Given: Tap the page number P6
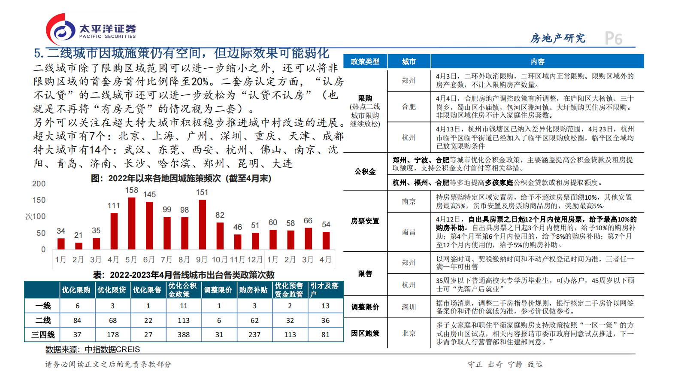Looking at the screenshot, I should click(x=614, y=39).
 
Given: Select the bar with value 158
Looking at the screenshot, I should click(x=132, y=223).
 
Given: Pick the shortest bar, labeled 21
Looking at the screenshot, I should click(x=79, y=246).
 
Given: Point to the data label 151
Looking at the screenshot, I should click(x=202, y=192).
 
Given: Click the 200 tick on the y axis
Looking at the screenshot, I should click(x=39, y=184).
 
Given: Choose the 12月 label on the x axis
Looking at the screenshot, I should click(x=255, y=260).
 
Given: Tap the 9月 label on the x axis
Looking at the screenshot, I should click(x=202, y=260).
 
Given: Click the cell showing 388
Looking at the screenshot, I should click(x=184, y=334).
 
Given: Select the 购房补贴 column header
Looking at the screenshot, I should click(x=254, y=290).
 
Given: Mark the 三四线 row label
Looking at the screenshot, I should click(x=43, y=334).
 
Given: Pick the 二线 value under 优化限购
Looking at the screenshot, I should click(x=77, y=320).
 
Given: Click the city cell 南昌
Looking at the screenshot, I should click(x=409, y=232).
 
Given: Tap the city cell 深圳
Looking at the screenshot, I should click(x=409, y=307).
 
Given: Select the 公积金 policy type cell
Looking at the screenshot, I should click(x=365, y=171).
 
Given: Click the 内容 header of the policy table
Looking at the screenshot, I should click(x=537, y=61).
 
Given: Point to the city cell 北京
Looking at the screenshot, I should click(x=409, y=333).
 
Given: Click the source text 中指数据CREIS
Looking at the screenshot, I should click(x=112, y=350).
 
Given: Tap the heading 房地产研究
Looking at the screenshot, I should click(x=557, y=39).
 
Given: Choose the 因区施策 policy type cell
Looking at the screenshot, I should click(x=365, y=333).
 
